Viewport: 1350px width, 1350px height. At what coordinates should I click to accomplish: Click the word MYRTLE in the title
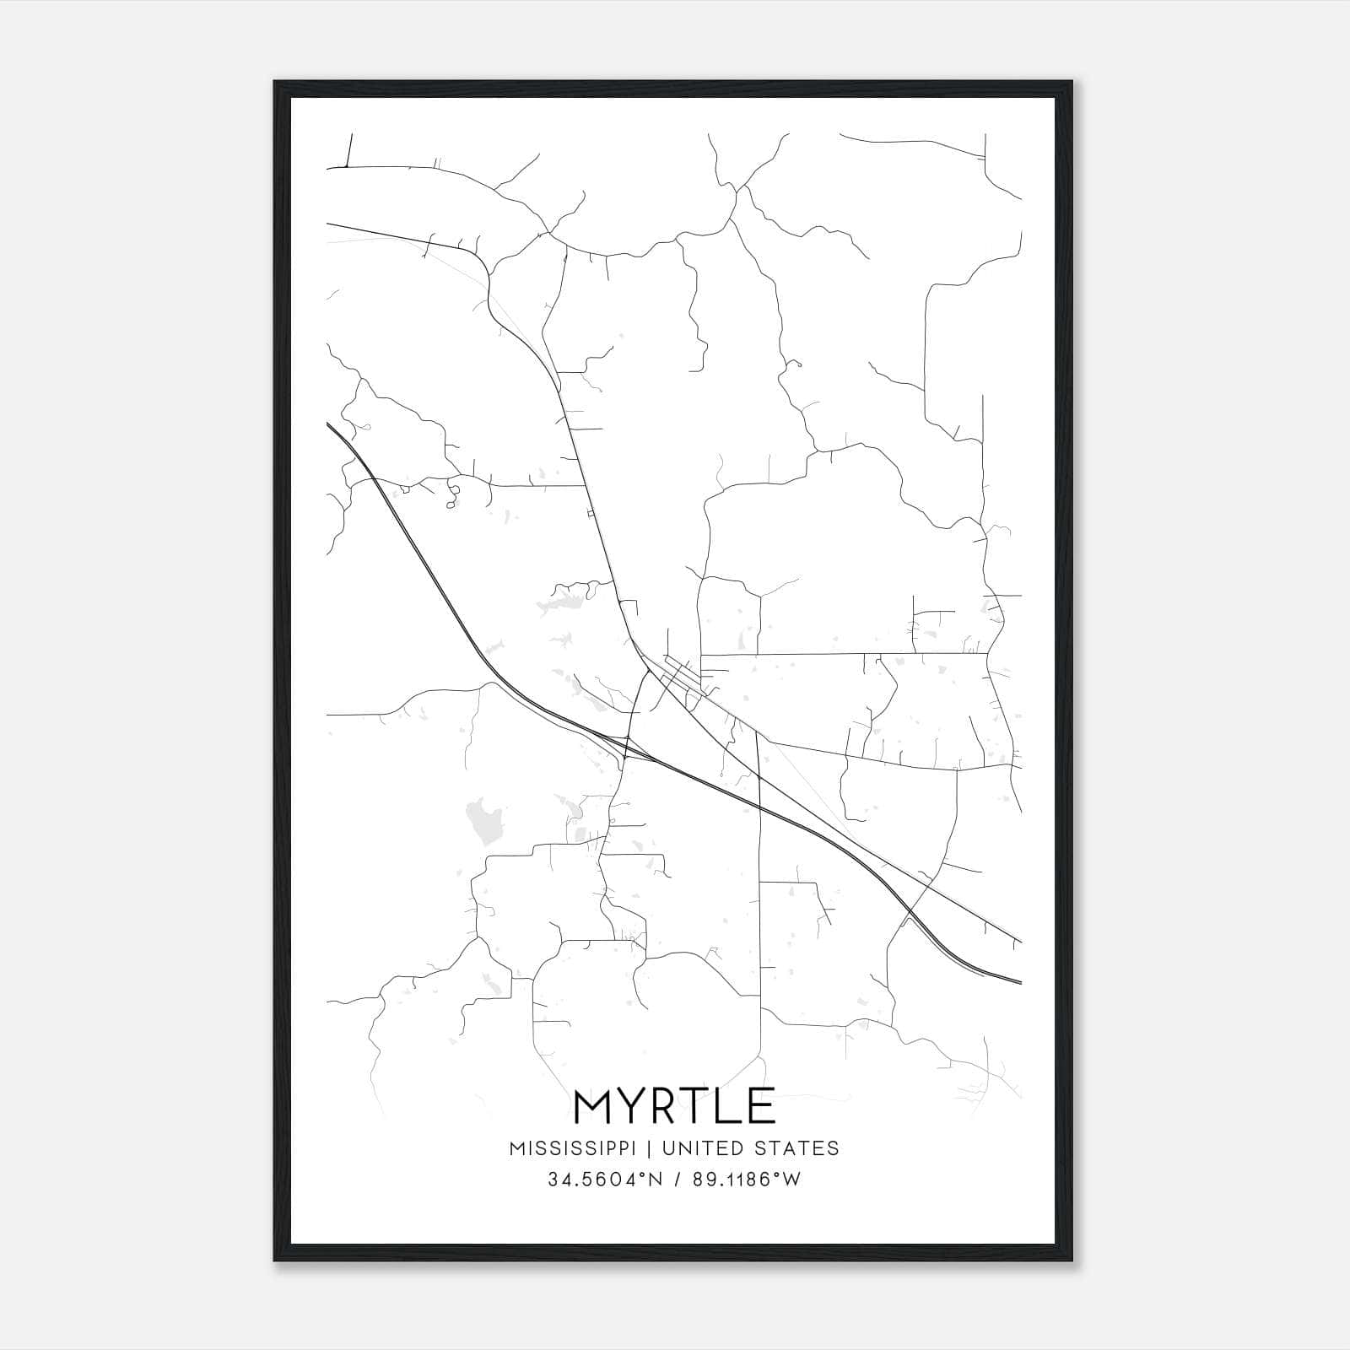(674, 1106)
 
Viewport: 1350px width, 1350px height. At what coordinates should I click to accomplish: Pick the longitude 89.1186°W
(746, 1180)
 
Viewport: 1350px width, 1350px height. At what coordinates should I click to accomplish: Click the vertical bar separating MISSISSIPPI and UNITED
(651, 1148)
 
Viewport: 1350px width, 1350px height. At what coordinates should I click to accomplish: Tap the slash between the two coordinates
(677, 1180)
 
